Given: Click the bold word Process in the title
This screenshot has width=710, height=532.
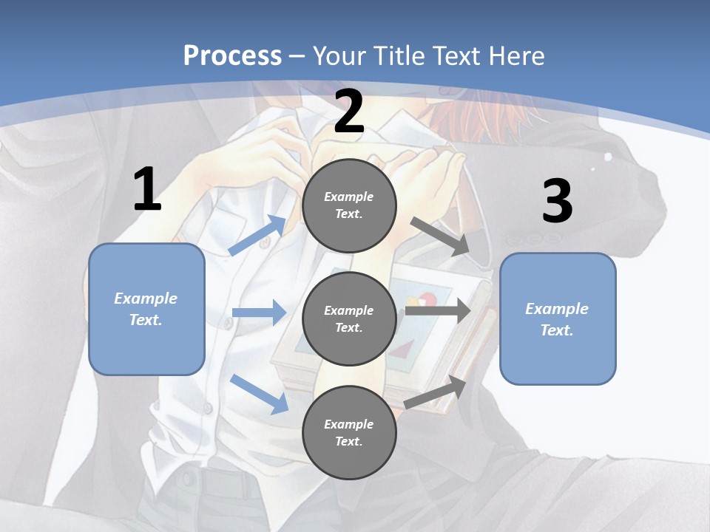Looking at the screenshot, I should [232, 56].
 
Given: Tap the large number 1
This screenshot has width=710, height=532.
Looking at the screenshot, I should [147, 190].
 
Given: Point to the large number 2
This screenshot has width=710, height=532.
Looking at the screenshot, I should [349, 112].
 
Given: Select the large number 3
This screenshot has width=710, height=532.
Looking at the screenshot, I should [557, 202].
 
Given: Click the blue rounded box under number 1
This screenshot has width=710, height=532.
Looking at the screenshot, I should [146, 309].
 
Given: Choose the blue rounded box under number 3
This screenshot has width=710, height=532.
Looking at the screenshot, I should [558, 318].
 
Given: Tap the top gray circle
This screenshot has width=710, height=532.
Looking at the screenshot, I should [349, 205].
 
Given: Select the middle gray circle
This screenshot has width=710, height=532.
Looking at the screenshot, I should [349, 318].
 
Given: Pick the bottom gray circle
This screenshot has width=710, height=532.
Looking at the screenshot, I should [349, 432].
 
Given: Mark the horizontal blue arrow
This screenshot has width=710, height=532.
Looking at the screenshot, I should [259, 313].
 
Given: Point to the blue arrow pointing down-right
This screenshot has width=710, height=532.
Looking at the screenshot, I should [260, 393].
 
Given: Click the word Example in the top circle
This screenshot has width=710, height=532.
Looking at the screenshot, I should [349, 197].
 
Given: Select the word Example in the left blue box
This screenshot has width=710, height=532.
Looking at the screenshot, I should [146, 299].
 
